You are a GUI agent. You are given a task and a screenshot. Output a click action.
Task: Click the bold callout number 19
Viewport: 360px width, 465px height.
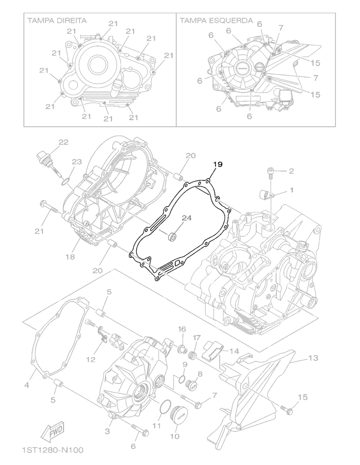(x=218, y=164)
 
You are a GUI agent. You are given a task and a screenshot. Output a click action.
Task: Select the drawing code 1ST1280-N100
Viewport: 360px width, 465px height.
(x=53, y=450)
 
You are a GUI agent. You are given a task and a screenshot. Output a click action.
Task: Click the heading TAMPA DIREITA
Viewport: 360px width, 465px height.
(x=57, y=21)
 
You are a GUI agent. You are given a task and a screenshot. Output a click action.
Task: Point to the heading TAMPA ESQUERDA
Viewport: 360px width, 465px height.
(x=216, y=21)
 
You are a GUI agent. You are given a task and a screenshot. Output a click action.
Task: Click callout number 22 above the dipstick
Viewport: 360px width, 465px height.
(x=63, y=142)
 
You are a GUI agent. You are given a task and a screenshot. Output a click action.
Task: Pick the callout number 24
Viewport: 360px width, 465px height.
(x=187, y=218)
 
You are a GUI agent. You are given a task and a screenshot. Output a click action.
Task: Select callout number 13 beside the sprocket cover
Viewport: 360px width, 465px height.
(x=314, y=358)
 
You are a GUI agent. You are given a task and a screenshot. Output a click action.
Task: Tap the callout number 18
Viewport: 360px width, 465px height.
(x=70, y=257)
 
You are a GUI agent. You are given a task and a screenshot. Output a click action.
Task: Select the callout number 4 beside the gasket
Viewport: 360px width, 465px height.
(x=26, y=385)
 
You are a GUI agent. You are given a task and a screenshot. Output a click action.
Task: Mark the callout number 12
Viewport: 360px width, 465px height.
(x=91, y=359)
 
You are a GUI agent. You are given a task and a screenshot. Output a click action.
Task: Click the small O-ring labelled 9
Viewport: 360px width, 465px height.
(x=182, y=379)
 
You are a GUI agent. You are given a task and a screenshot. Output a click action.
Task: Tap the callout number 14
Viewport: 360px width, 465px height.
(x=234, y=351)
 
